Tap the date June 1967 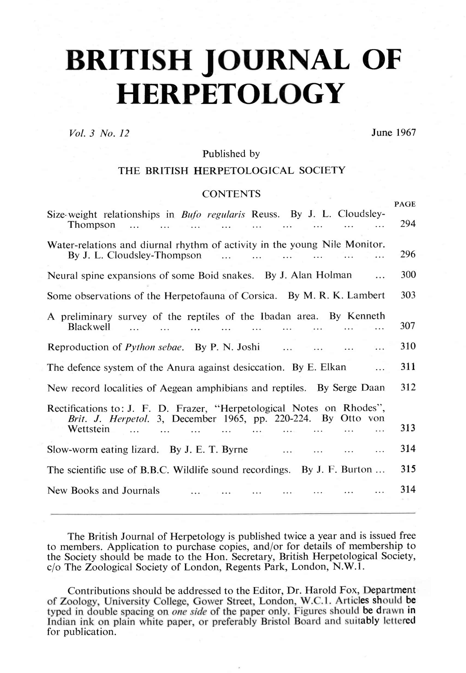pos(393,133)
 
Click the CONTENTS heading pos(232,194)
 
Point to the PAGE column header pos(405,204)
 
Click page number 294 pos(407,225)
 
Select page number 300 pos(407,275)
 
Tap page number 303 pos(407,295)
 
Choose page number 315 pos(407,469)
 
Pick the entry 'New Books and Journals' pos(104,491)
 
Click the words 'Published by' pos(231,154)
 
